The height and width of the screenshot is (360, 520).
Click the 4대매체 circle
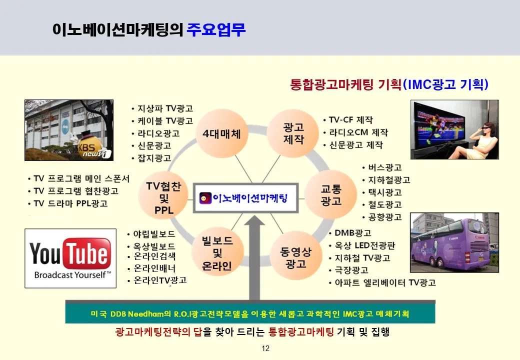click(221, 133)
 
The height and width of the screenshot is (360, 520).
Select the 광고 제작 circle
click(293, 133)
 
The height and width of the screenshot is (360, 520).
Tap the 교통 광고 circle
click(330, 195)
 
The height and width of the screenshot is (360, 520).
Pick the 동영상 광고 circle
click(296, 257)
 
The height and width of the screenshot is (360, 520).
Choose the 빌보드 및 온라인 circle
click(217, 252)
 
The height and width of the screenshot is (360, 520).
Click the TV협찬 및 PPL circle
click(164, 197)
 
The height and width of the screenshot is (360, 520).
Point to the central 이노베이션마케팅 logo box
click(245, 198)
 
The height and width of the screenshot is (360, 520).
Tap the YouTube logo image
click(70, 258)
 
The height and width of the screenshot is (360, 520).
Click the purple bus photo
click(454, 242)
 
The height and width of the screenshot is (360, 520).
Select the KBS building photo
click(69, 130)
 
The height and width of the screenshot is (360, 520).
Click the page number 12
click(265, 348)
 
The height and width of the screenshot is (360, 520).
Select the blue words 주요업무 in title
click(216, 29)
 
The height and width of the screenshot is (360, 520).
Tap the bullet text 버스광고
click(385, 167)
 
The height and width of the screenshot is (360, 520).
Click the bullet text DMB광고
click(353, 233)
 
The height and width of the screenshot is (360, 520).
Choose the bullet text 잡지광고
click(154, 158)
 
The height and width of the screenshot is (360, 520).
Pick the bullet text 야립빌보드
click(154, 234)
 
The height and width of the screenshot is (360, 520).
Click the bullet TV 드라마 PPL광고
click(70, 203)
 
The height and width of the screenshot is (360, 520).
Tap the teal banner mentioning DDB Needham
click(250, 313)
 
